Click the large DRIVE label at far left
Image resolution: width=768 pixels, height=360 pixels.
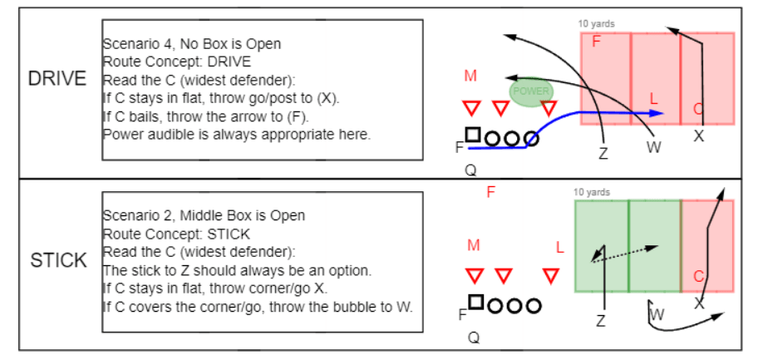click(x=57, y=79)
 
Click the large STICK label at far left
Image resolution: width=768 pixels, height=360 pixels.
click(x=58, y=260)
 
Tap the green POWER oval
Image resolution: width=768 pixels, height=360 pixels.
click(x=532, y=91)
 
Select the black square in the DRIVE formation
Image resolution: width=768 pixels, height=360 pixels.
click(x=472, y=135)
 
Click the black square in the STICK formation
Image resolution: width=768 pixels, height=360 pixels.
click(x=475, y=302)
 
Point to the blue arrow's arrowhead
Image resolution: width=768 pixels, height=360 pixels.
click(x=657, y=113)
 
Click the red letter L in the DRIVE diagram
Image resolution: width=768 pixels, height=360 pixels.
click(x=653, y=99)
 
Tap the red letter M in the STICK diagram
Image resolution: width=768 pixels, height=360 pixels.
click(x=474, y=245)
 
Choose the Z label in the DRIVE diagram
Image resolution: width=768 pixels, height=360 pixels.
click(x=603, y=153)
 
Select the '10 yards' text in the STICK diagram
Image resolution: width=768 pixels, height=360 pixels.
click(x=591, y=192)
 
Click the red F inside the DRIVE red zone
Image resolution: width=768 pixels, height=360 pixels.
click(x=596, y=42)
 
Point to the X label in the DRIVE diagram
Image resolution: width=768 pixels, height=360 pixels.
click(x=699, y=136)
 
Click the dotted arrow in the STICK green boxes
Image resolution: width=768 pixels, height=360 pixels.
click(x=626, y=253)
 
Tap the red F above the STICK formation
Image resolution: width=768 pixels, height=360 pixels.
click(x=491, y=192)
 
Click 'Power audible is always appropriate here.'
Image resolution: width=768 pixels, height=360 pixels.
click(x=236, y=134)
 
